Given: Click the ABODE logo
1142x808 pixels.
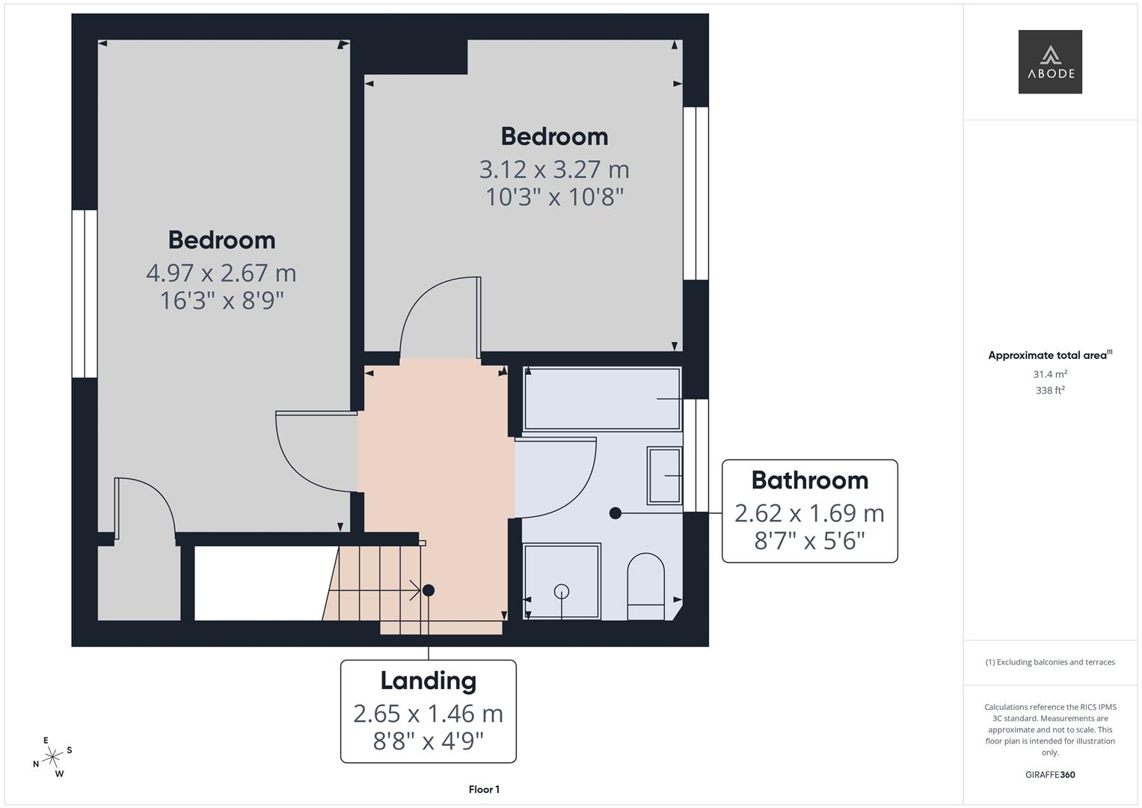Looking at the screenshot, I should click(1049, 61).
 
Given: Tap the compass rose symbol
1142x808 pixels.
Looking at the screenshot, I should click(52, 758).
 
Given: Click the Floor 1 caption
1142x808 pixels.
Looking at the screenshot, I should click(484, 789).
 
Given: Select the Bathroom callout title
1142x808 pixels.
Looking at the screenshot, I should click(809, 480).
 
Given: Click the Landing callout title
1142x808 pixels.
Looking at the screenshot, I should click(428, 681).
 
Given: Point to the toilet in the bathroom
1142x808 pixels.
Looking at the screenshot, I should click(645, 587).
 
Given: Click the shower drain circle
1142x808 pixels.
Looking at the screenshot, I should click(562, 592).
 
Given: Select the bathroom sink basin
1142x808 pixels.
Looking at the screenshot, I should click(664, 475).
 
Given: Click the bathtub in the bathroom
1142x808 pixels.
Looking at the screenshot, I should click(602, 398).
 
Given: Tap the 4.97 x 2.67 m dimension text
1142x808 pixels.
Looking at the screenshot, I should click(221, 273).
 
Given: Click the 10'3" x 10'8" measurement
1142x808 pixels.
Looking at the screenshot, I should click(554, 198).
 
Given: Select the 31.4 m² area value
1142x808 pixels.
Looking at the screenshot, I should click(1049, 374).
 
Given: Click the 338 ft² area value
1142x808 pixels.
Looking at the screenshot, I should click(1049, 391).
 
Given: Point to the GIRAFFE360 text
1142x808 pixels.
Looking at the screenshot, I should click(1049, 775).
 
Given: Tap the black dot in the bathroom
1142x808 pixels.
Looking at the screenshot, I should click(615, 513).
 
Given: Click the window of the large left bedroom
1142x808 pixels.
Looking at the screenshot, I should click(85, 293).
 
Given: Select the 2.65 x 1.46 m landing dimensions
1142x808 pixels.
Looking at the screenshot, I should click(428, 714).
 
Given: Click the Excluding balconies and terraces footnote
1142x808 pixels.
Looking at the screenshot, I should click(1049, 662).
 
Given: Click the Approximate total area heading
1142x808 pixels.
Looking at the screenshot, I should click(1049, 355).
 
